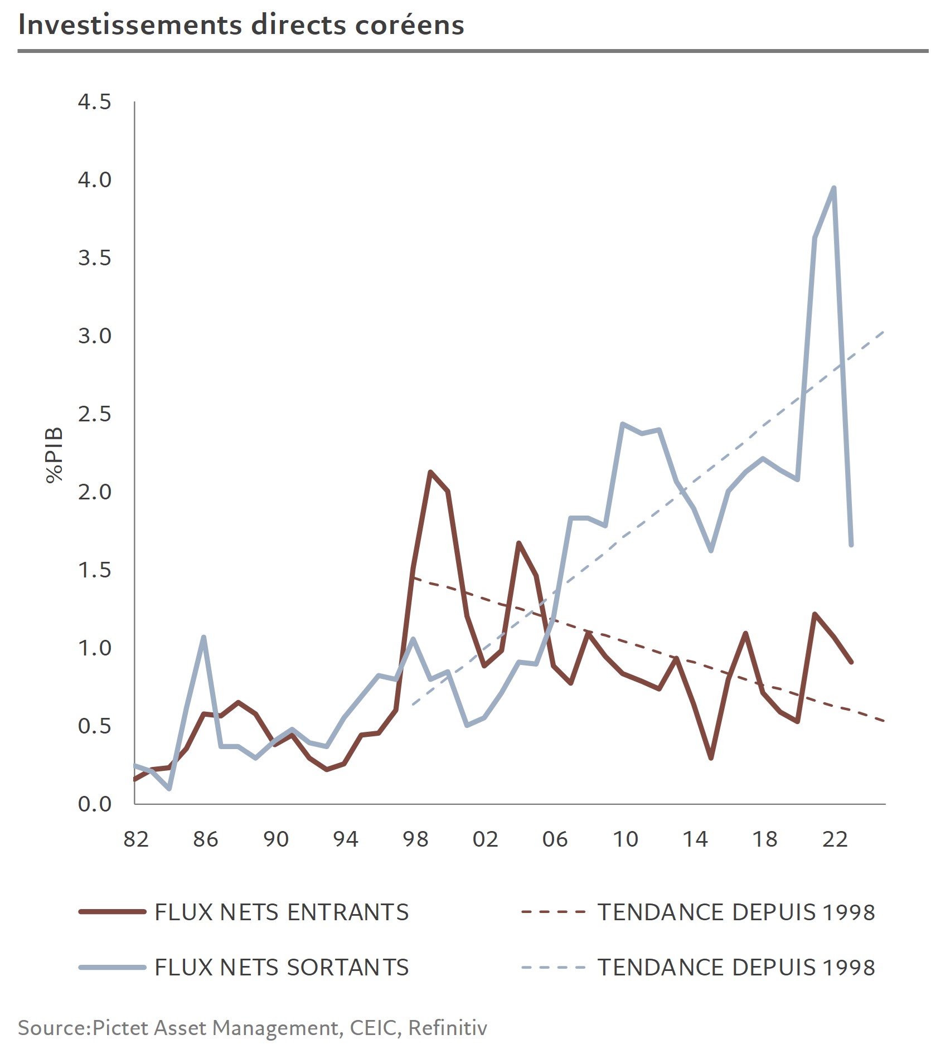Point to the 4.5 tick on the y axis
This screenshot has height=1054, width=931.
coord(95,102)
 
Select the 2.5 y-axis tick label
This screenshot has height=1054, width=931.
coord(95,414)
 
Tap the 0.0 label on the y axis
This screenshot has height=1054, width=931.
coord(95,804)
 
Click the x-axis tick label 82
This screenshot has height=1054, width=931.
coord(136,839)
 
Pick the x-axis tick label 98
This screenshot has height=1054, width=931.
coord(415,839)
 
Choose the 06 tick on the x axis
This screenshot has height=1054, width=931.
coord(555,839)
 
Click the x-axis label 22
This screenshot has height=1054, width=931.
coord(835,839)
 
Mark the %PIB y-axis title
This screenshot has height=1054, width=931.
coord(54,455)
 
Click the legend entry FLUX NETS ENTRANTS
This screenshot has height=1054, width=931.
coord(282,912)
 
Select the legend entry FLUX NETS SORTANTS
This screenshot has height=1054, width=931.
coord(282,968)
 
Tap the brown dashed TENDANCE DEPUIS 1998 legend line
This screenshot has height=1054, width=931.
coord(553,912)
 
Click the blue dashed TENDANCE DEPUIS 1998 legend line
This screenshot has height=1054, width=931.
coord(553,968)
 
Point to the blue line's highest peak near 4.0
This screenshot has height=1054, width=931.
coord(833,188)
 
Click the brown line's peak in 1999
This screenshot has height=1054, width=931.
coord(430,472)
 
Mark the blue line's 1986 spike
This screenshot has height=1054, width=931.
coord(204,637)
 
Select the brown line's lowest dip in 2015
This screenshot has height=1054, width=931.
coord(711,758)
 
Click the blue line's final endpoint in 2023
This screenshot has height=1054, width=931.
coord(851,545)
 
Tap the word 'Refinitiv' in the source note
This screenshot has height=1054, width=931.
coord(448,1028)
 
